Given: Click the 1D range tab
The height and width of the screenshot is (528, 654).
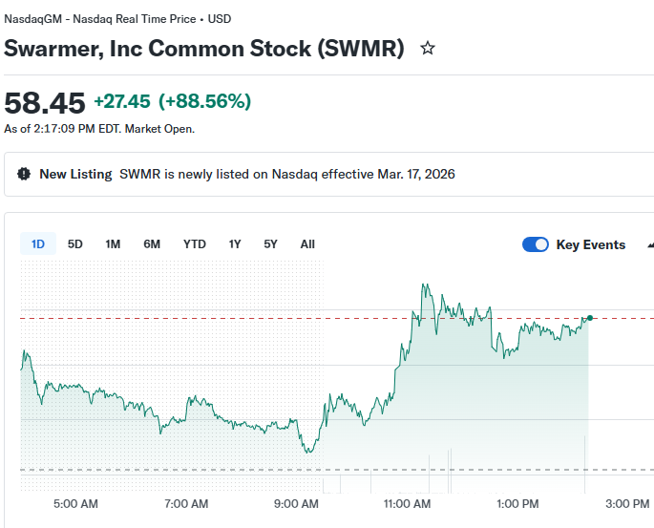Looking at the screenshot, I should pyautogui.click(x=38, y=244).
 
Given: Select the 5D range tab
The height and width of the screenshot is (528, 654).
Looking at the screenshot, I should pyautogui.click(x=75, y=244).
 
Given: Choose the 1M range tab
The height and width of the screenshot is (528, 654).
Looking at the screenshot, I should pyautogui.click(x=113, y=244).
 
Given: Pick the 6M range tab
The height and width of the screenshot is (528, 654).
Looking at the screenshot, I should pyautogui.click(x=152, y=244).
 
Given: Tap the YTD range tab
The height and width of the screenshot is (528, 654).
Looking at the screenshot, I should pyautogui.click(x=195, y=244).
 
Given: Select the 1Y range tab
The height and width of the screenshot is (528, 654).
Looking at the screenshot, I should pyautogui.click(x=235, y=244).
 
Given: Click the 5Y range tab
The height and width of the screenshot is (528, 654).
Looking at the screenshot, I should pyautogui.click(x=271, y=244).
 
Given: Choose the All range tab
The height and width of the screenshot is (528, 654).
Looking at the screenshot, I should pyautogui.click(x=307, y=244).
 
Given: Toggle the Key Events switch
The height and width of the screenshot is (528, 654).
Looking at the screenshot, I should pyautogui.click(x=536, y=244).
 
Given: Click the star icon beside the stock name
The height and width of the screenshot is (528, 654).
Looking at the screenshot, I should pyautogui.click(x=428, y=48).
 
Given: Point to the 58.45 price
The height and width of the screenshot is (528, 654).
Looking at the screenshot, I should pyautogui.click(x=45, y=103).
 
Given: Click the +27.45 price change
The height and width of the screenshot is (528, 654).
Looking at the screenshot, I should pyautogui.click(x=122, y=101).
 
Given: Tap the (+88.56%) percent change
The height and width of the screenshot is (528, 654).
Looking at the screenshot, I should pyautogui.click(x=204, y=101).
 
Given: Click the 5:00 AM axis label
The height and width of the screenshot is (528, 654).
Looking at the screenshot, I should pyautogui.click(x=75, y=503).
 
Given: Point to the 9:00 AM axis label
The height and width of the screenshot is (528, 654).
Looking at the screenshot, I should pyautogui.click(x=297, y=503).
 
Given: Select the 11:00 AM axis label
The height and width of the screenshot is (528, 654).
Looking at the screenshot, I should pyautogui.click(x=408, y=503).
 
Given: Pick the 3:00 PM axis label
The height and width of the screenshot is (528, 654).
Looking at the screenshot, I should pyautogui.click(x=627, y=503).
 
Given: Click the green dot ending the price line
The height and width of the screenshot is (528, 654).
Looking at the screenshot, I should pyautogui.click(x=590, y=318).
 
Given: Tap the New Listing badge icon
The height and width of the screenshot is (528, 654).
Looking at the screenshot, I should pyautogui.click(x=24, y=174).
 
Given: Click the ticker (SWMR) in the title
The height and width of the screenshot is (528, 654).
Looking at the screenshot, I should pyautogui.click(x=360, y=48).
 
